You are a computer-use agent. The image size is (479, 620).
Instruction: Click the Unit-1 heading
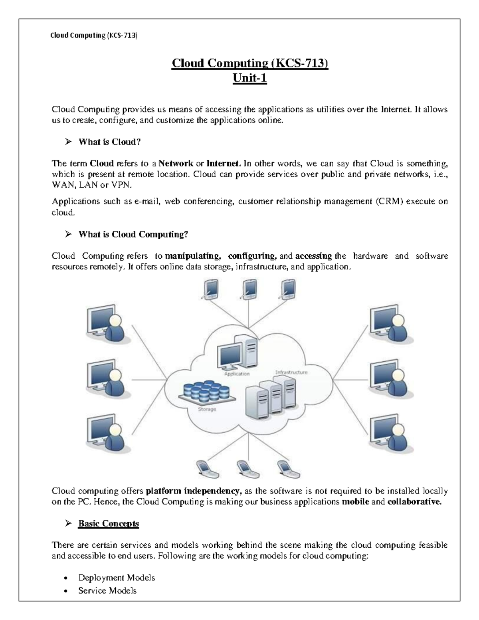click(x=249, y=78)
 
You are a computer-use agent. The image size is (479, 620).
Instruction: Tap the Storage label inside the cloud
click(x=207, y=409)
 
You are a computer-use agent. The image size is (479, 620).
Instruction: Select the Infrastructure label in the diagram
click(x=291, y=372)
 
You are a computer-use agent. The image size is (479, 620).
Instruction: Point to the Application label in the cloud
click(x=237, y=374)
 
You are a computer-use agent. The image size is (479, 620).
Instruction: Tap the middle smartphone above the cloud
click(x=249, y=289)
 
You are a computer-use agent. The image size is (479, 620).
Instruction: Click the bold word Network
click(x=176, y=163)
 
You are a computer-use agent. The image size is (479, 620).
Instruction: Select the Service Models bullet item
click(x=107, y=590)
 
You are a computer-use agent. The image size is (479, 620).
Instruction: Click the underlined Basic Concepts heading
click(x=109, y=523)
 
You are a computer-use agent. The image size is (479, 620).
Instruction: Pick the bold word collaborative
click(x=415, y=501)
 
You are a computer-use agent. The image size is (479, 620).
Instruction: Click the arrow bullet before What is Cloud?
click(x=68, y=142)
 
